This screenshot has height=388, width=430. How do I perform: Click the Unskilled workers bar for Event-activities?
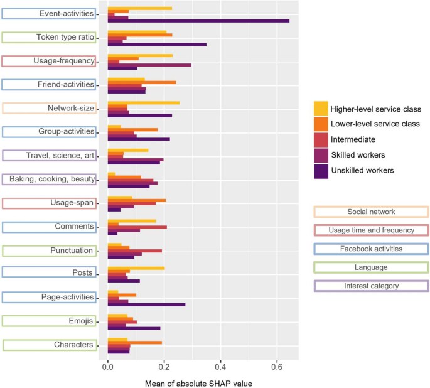198,21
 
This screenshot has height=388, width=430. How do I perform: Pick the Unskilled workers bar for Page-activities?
146,304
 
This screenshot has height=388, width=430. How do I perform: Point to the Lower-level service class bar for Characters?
135,342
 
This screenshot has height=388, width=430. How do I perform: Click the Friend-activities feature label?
49,84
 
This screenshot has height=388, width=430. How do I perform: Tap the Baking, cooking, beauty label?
49,180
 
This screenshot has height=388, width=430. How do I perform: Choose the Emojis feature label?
49,321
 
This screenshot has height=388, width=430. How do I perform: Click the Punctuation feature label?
49,251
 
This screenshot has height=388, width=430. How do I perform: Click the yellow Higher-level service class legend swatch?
321,107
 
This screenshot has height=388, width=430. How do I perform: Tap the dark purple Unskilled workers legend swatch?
321,170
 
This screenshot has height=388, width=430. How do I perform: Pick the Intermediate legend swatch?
321,139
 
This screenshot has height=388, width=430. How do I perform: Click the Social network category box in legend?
370,212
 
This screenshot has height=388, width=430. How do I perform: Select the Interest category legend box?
370,286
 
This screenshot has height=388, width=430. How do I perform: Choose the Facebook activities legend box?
370,249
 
